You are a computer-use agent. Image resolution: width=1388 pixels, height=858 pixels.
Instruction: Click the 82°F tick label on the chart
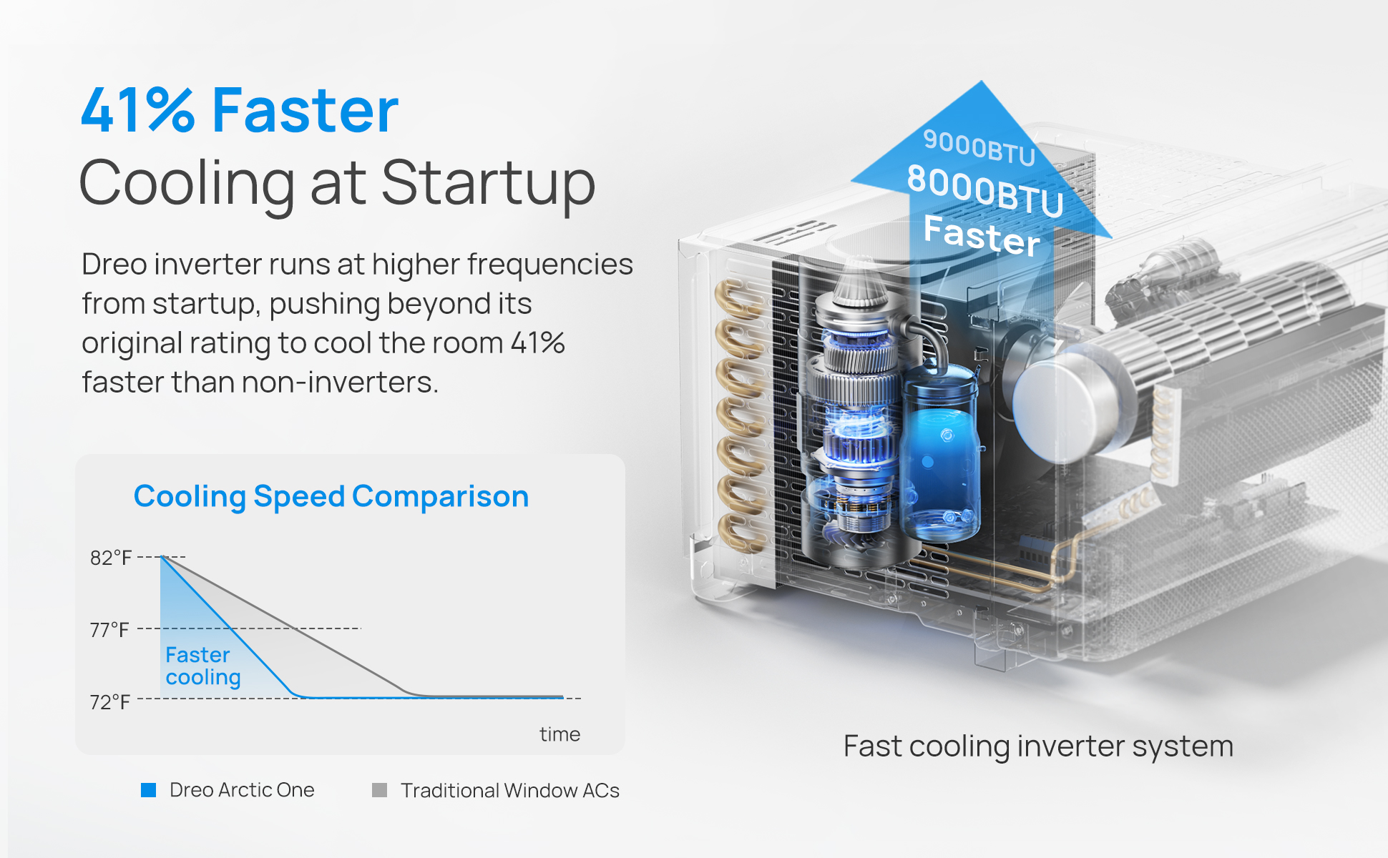[111, 558]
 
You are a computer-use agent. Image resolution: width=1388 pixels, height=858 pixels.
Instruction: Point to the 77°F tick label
[109, 630]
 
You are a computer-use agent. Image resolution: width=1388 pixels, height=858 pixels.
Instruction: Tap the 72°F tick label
[110, 702]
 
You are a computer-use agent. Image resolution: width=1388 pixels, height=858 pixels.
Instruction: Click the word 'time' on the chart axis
[559, 734]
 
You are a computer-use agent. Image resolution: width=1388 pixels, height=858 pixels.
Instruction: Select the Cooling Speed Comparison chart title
[331, 496]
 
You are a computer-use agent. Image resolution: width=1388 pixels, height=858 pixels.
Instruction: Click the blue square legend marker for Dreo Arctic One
[149, 790]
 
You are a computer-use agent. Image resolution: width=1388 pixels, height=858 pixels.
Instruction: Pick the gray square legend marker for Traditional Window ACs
[380, 790]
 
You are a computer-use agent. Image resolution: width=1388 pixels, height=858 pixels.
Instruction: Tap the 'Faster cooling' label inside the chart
[203, 666]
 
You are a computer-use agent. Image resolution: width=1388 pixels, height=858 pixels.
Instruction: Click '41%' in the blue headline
[137, 111]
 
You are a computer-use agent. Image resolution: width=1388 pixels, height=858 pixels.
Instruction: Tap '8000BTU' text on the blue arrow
[985, 189]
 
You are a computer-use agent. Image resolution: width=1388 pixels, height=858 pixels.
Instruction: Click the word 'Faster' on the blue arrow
[982, 235]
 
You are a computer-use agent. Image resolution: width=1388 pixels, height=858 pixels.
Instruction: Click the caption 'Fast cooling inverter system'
[1038, 746]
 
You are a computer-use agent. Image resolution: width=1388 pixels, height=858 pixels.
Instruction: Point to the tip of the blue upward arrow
[982, 81]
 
